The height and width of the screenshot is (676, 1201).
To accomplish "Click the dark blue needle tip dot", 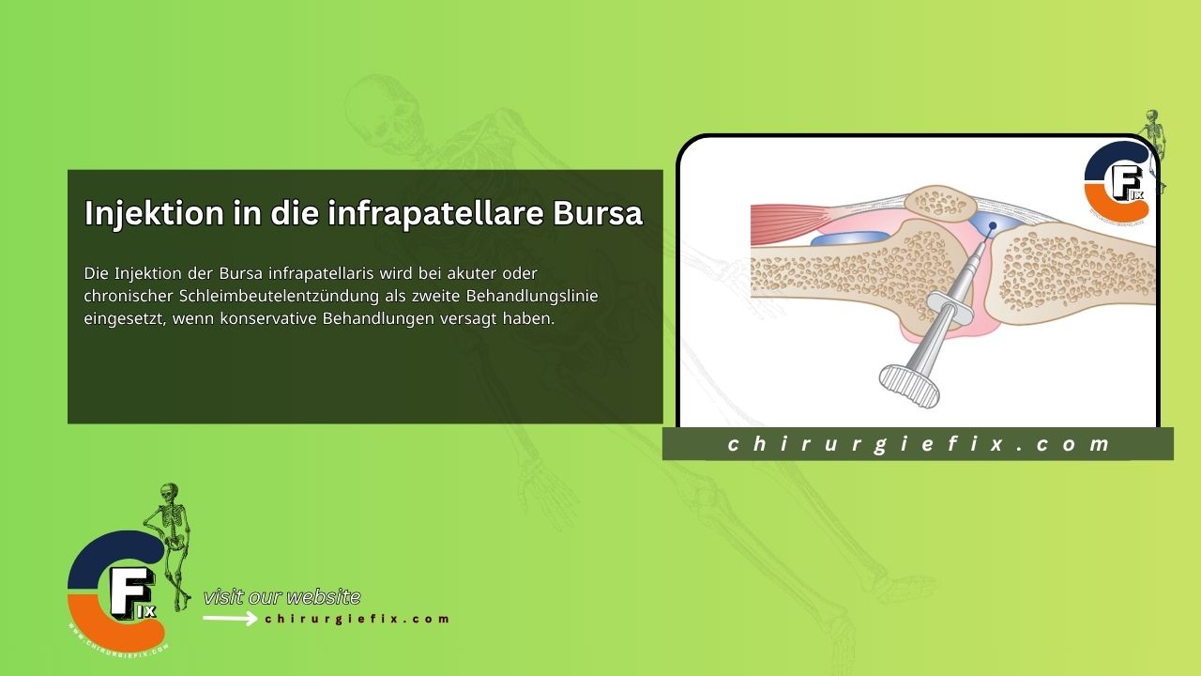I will pyautogui.click(x=993, y=225).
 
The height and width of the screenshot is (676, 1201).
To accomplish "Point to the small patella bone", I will pyautogui.click(x=940, y=202).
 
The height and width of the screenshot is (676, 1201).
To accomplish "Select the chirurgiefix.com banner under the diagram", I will pyautogui.click(x=918, y=444).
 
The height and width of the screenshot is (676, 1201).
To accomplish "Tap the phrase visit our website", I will pyautogui.click(x=281, y=597).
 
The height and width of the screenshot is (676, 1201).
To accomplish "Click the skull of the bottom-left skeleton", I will pyautogui.click(x=169, y=492).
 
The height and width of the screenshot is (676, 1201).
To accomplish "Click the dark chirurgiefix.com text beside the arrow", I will pyautogui.click(x=357, y=619).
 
